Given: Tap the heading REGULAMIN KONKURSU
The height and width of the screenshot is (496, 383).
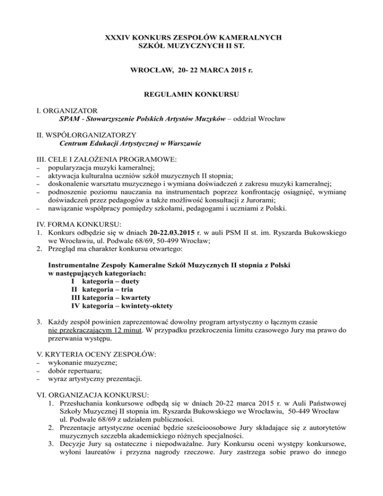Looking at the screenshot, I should coord(191,93).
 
